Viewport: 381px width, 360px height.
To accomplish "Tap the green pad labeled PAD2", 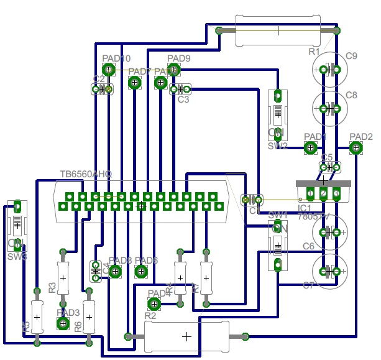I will tap(356, 148).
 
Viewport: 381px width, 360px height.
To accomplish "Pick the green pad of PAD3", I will tap(63, 323).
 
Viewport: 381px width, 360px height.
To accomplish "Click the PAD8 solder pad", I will tap(116, 271).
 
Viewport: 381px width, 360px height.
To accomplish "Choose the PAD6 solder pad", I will tap(141, 271).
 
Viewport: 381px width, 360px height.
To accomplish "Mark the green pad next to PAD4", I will tap(154, 304).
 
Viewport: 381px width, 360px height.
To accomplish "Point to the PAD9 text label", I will tap(179, 59).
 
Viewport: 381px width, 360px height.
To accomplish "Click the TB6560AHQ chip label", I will tap(86, 175).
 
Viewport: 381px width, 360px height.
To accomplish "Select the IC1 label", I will tap(305, 208).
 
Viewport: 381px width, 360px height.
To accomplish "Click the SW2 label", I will tap(277, 147).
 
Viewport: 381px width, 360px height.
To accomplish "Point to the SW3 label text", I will tap(17, 257).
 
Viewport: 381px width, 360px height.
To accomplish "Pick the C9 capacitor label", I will tap(351, 57).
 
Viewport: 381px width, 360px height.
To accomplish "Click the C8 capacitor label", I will tap(351, 95).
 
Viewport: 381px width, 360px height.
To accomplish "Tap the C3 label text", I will tap(183, 99).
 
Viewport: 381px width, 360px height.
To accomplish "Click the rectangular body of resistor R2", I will tap(186, 336).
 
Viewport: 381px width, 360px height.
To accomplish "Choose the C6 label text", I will tap(309, 247).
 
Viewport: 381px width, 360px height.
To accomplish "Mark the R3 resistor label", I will tap(52, 287).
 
